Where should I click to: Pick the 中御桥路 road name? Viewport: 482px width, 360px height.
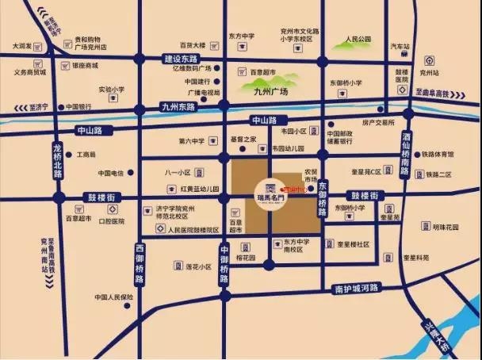click(x=224, y=264)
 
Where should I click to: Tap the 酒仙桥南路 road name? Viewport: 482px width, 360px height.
click(x=407, y=154)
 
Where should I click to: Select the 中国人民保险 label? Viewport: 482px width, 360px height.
click(x=113, y=297)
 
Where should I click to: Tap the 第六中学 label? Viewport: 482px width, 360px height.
click(x=192, y=141)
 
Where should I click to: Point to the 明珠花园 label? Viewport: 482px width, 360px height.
click(x=446, y=226)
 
